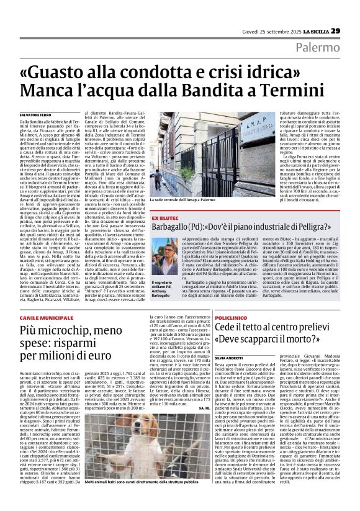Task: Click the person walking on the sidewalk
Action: pyautogui.click(x=160, y=180)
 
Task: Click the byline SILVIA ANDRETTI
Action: pyautogui.click(x=230, y=358)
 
